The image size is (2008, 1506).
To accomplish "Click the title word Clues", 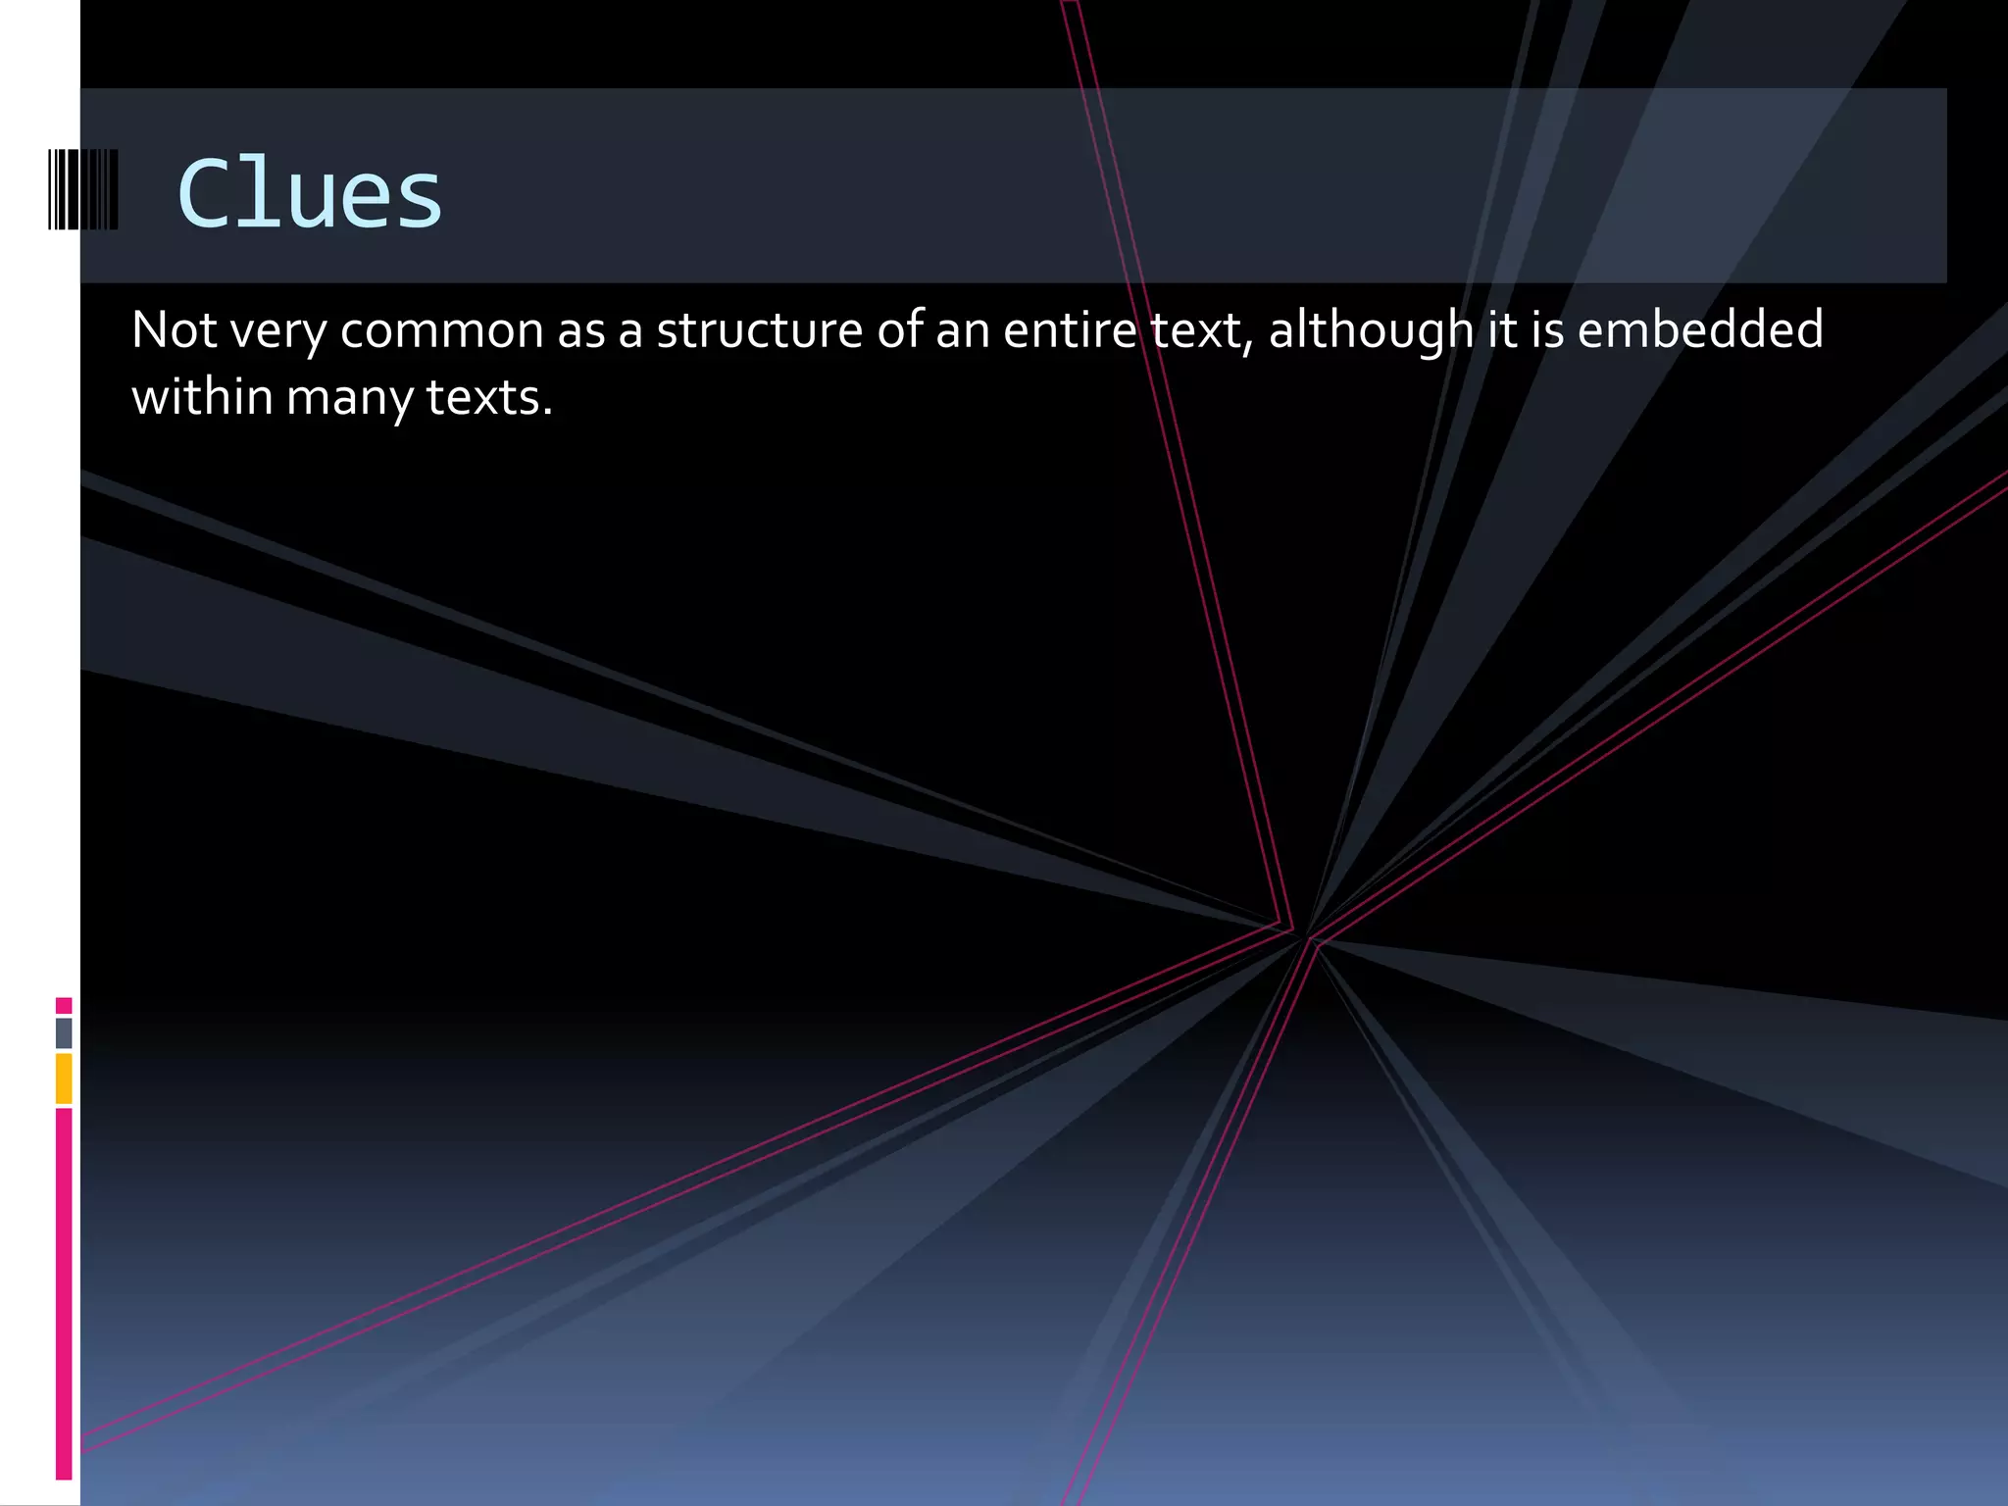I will point(310,194).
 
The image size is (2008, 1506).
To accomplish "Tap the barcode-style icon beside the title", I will point(83,189).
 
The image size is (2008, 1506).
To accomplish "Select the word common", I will point(442,330).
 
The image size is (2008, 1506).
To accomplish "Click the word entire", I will point(1070,329).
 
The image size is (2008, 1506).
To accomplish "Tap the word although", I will point(1371,330).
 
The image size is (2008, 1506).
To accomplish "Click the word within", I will point(202,397).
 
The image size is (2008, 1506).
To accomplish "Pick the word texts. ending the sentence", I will point(489,397).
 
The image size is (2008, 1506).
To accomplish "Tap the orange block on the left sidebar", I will point(64,1078).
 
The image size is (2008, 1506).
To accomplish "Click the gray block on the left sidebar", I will point(64,1032).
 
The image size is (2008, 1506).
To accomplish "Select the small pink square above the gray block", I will point(64,1005).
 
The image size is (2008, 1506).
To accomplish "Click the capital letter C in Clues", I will point(205,194).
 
